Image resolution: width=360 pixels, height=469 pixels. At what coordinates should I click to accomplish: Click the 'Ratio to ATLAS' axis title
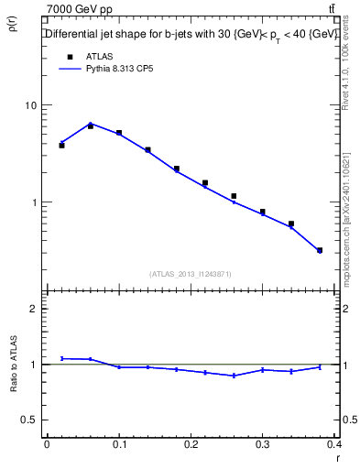tap(13, 365)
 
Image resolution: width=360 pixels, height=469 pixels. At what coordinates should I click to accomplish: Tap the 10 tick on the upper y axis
tap(32, 105)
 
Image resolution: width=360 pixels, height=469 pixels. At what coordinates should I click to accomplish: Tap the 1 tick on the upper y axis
tap(35, 202)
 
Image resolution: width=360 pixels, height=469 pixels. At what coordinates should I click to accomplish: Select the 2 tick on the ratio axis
tap(35, 309)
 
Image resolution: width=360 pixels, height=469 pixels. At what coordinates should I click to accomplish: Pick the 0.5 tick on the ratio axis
tap(30, 420)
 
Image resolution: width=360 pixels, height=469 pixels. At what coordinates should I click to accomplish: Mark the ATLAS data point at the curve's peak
tap(90, 126)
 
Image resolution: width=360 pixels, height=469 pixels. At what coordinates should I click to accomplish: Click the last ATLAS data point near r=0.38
tap(320, 250)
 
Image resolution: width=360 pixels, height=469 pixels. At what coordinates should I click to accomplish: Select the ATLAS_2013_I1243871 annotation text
tap(191, 274)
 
